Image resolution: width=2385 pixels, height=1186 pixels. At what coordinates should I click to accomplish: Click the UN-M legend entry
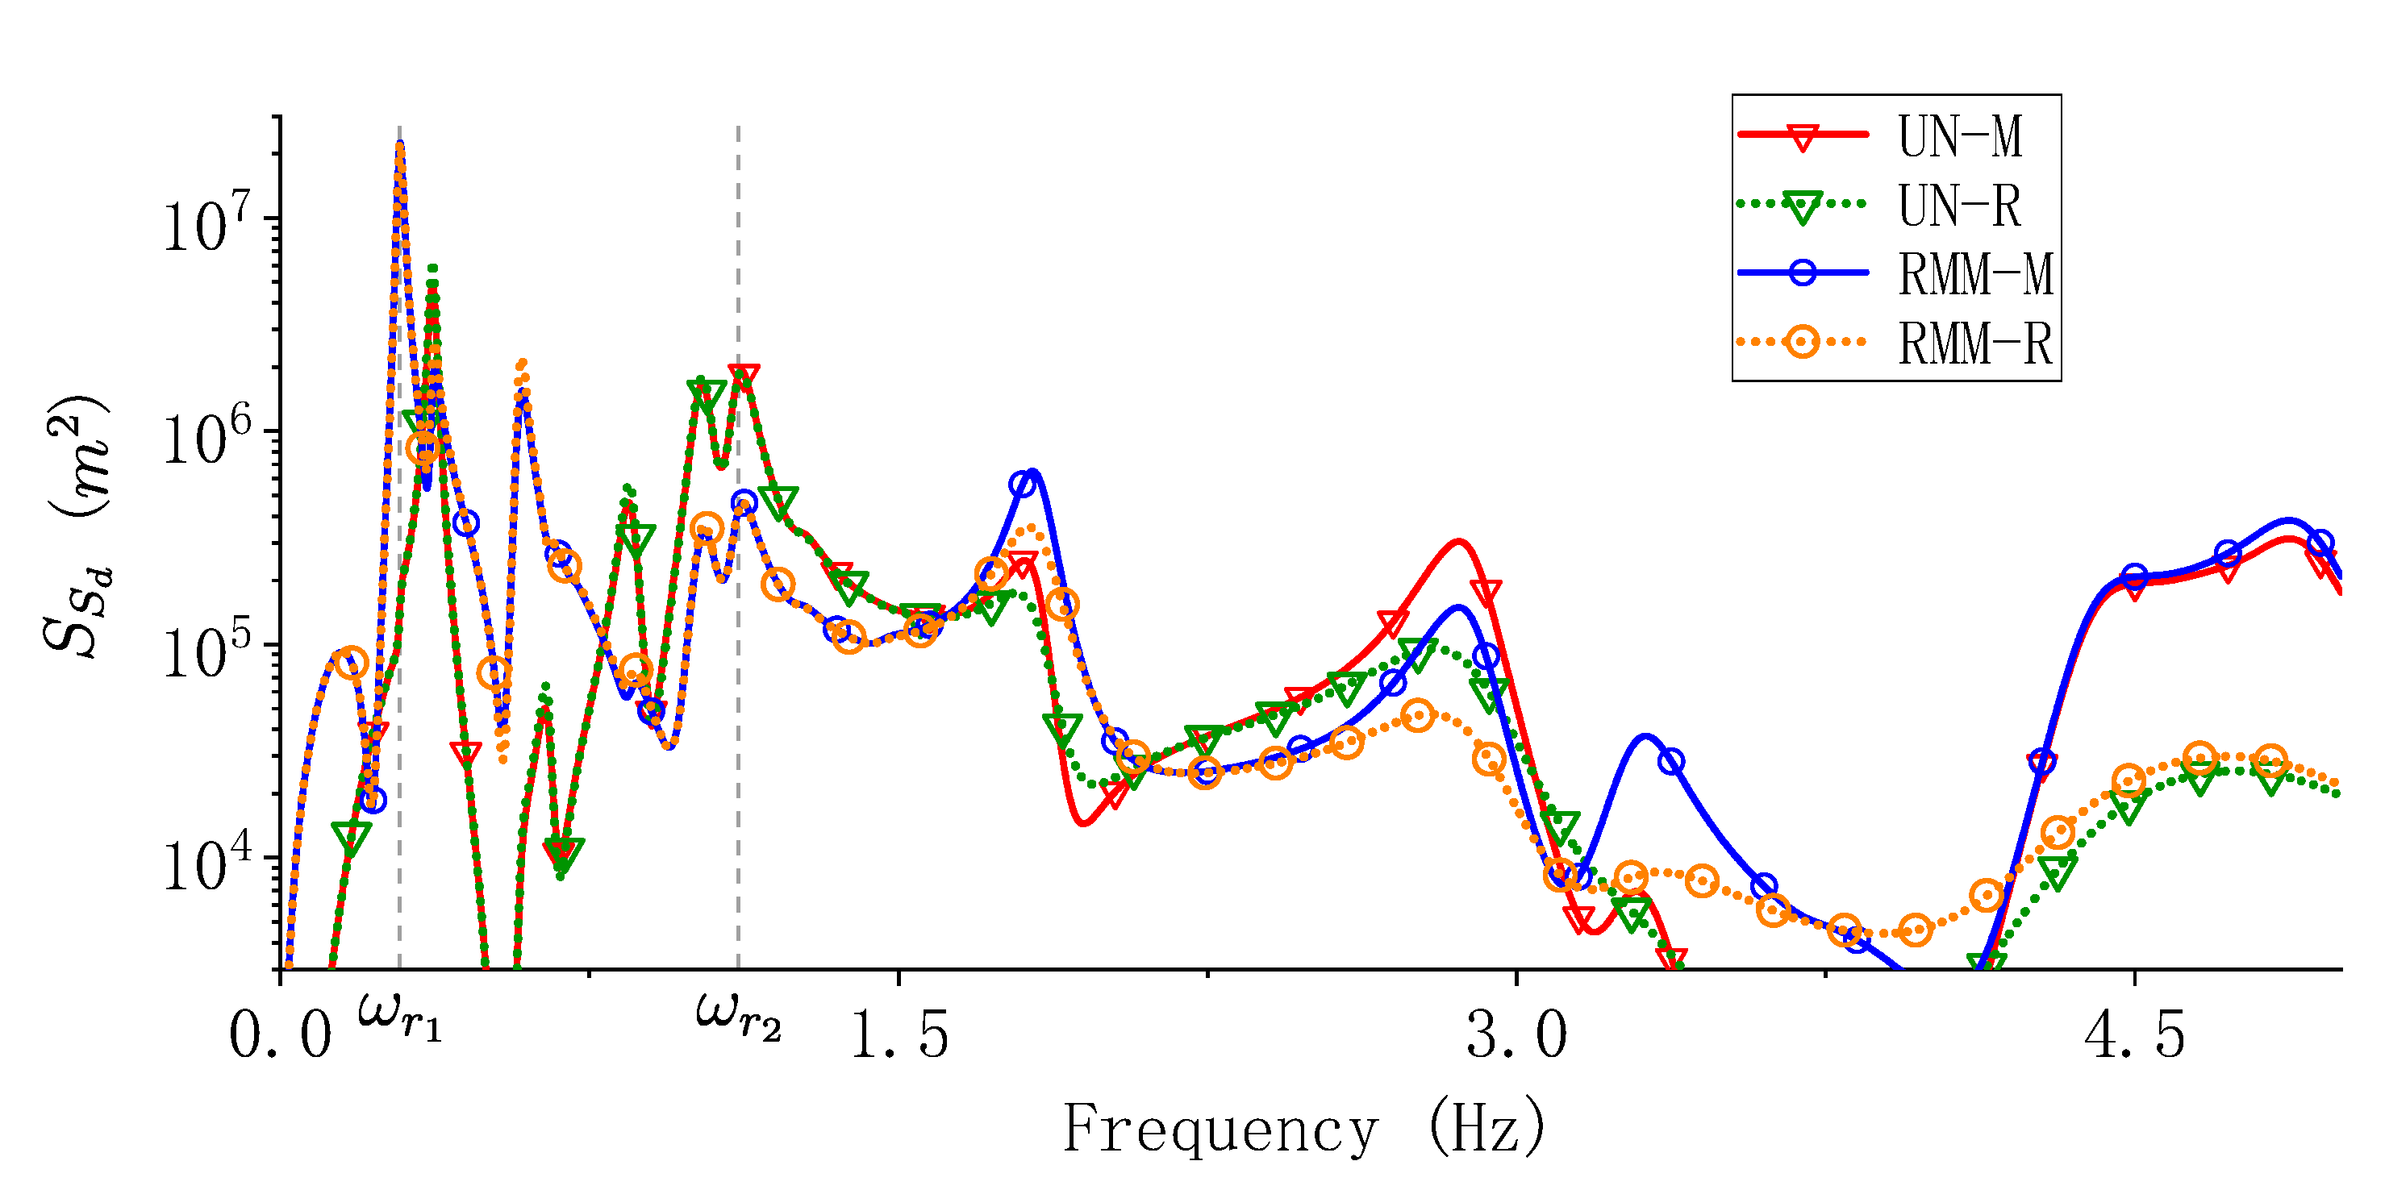pos(1958,136)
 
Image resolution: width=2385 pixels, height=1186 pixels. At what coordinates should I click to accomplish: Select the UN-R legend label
pos(1958,205)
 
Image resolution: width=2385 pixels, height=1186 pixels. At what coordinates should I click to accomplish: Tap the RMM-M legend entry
pos(1974,274)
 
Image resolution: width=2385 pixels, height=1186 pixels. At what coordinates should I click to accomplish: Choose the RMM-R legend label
pos(1974,343)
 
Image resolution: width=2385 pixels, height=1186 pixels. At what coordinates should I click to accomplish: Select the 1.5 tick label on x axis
pos(898,1034)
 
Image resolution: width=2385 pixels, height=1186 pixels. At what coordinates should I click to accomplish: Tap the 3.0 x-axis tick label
pos(1516,1034)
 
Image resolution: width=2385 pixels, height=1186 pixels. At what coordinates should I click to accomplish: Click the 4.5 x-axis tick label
pos(2134,1034)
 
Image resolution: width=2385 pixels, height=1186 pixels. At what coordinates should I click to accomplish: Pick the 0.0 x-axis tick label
pos(280,1034)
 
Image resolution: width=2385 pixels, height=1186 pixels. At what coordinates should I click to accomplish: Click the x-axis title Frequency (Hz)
pos(1303,1128)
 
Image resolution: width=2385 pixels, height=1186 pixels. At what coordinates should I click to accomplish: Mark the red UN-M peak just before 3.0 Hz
pos(1458,542)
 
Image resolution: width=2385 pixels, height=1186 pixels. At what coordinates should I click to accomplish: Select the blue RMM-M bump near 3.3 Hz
pos(1645,737)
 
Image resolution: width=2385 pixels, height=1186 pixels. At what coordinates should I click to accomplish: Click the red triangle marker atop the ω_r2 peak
pos(744,376)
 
